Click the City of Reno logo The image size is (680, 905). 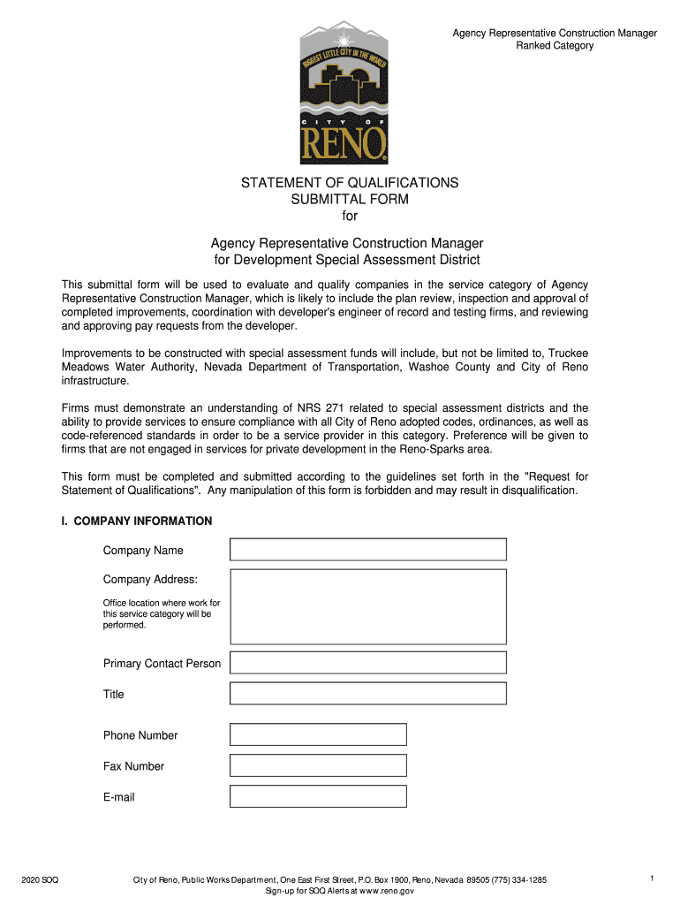(344, 93)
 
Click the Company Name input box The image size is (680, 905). (368, 550)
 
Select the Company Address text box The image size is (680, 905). (368, 605)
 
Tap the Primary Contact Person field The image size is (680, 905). (368, 663)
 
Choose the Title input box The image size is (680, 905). (368, 694)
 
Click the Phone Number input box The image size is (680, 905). (318, 734)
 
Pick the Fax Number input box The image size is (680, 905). (318, 765)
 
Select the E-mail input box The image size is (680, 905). (318, 796)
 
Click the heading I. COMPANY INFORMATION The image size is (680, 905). (137, 521)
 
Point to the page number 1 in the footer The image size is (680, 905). (651, 878)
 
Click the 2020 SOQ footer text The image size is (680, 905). (42, 879)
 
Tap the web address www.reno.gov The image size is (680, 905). (389, 892)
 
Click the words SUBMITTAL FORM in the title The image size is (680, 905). (351, 200)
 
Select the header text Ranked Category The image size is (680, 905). (555, 46)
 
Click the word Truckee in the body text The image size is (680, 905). (566, 354)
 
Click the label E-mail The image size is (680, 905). (119, 797)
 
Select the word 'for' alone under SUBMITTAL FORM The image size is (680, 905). (351, 217)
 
